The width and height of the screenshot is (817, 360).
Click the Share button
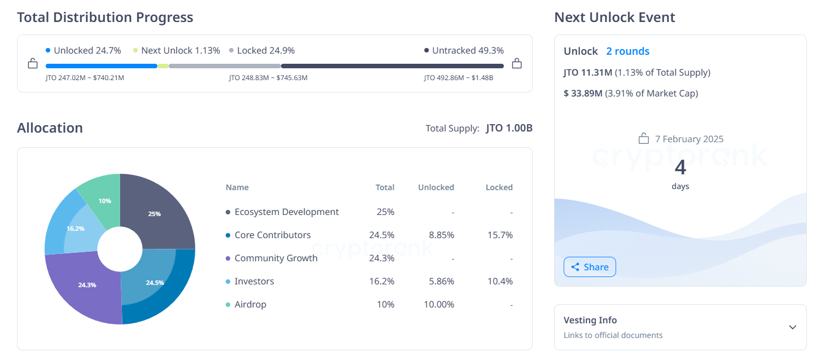[590, 267]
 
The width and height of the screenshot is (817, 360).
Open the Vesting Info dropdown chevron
[792, 327]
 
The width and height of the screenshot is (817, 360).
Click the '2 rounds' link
[627, 51]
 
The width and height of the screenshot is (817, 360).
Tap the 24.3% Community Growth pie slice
[87, 285]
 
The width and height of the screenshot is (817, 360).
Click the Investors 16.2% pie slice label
[75, 229]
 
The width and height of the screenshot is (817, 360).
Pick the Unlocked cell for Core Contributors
[442, 235]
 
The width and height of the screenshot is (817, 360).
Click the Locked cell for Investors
[499, 281]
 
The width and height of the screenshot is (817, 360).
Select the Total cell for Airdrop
[385, 304]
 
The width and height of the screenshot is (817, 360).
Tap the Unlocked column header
[436, 187]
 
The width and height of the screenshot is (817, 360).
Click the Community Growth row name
[276, 258]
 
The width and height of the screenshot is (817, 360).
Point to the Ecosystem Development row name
[287, 212]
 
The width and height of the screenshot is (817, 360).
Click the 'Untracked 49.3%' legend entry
[464, 51]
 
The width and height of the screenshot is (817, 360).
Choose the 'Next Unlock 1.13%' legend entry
[176, 51]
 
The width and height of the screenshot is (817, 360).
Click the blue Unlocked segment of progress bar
[101, 66]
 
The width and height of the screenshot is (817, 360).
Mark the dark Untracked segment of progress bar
[392, 66]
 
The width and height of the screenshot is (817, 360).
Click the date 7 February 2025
[689, 139]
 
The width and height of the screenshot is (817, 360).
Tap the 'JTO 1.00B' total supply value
[509, 128]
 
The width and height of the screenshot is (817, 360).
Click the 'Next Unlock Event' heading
[614, 17]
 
